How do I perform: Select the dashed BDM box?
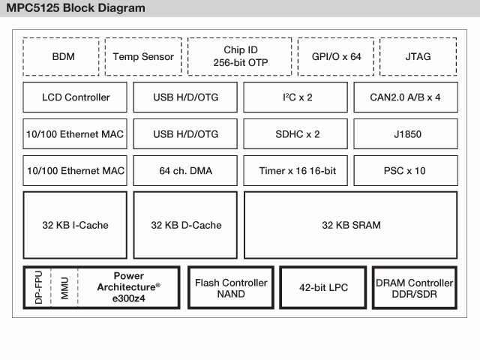[64, 56]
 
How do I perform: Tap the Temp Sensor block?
[143, 56]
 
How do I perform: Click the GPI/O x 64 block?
[335, 56]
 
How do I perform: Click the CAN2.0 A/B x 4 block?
[405, 97]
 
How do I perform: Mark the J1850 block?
[405, 133]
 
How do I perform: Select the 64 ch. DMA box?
[185, 170]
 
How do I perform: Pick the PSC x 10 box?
[405, 170]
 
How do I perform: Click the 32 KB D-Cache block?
[185, 224]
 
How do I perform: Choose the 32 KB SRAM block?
[350, 224]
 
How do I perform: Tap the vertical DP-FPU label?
[37, 287]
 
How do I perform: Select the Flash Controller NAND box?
[230, 287]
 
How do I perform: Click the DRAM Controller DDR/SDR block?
[414, 287]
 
